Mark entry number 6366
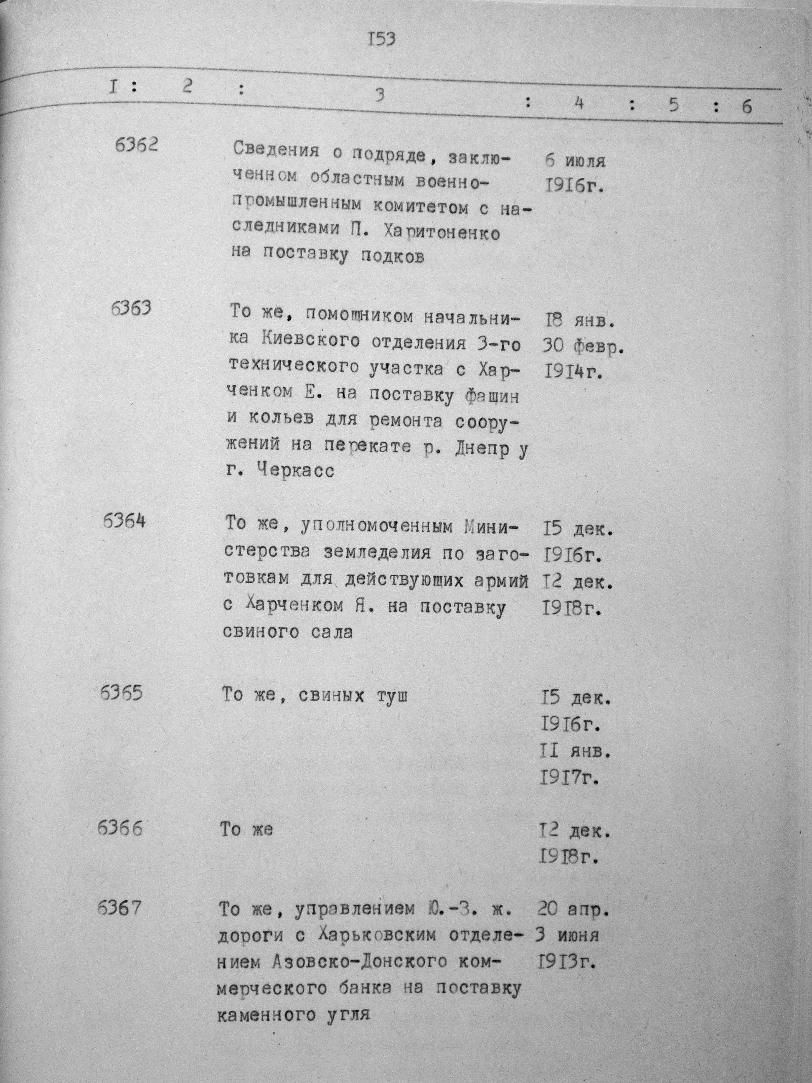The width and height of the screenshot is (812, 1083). pos(120,829)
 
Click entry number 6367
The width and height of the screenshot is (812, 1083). pos(119,908)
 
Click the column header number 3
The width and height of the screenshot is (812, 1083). pos(378,95)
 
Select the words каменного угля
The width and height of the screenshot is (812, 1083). pos(292,1016)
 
